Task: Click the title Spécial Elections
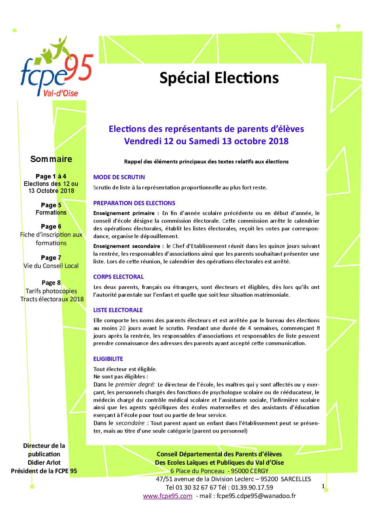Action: point(219,78)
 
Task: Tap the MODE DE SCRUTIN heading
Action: point(119,177)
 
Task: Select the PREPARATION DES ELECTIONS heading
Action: point(134,203)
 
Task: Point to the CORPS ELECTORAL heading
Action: point(118,277)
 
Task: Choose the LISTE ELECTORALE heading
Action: point(118,310)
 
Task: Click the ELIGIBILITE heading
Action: point(108,359)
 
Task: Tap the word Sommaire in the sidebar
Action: point(51,159)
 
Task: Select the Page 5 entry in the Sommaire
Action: point(51,205)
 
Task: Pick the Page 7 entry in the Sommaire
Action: point(51,258)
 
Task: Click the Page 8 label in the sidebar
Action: point(51,283)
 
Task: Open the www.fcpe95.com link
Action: point(168,496)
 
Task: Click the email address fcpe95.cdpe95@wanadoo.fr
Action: point(256,496)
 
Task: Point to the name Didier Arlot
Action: point(44,463)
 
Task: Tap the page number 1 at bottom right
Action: point(323,486)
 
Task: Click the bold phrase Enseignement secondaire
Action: point(127,246)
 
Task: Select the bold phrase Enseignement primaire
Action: point(124,213)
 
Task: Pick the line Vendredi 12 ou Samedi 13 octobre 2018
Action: point(206,141)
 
